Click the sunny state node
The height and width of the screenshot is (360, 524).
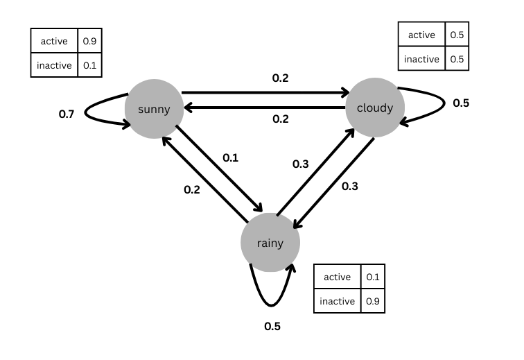(x=153, y=109)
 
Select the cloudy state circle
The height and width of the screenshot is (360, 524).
(x=374, y=108)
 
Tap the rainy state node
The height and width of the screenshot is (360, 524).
(x=270, y=243)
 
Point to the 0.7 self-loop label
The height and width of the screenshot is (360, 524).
(x=67, y=113)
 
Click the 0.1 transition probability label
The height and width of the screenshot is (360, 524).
(x=230, y=158)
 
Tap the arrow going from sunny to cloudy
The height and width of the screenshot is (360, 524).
(x=263, y=92)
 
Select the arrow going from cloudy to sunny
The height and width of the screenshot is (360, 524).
(x=263, y=107)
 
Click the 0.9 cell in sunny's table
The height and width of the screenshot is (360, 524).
(x=89, y=41)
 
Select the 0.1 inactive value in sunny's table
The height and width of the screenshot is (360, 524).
(x=89, y=65)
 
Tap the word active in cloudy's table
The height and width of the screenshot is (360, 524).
(x=421, y=35)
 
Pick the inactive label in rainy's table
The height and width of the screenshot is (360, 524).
(x=338, y=301)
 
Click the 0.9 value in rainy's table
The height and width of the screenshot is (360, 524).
(x=373, y=301)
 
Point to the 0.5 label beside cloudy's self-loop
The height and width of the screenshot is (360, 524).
(x=461, y=103)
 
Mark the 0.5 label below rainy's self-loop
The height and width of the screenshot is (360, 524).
(x=272, y=326)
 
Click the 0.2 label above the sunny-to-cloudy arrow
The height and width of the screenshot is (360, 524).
(x=281, y=78)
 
